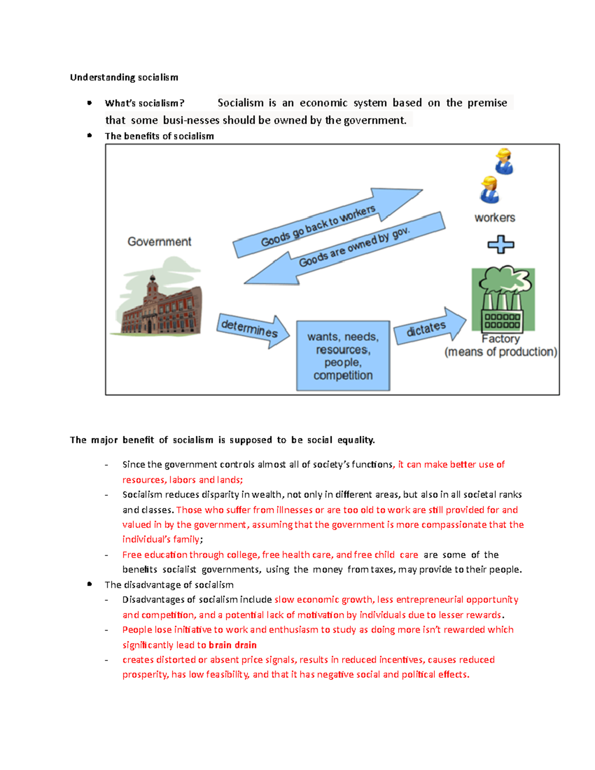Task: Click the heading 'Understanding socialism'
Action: (124, 77)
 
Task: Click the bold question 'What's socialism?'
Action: (144, 103)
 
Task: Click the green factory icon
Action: (503, 299)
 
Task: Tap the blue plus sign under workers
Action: (501, 244)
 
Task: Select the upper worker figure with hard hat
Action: (504, 161)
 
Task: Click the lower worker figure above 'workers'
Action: (490, 190)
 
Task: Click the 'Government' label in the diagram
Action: (159, 241)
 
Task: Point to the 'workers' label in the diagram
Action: (494, 218)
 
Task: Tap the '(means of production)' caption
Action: (501, 352)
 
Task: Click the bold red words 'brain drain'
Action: (233, 645)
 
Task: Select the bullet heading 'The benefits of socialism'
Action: (159, 136)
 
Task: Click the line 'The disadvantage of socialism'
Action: (169, 585)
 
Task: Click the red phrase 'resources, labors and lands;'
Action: (182, 480)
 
